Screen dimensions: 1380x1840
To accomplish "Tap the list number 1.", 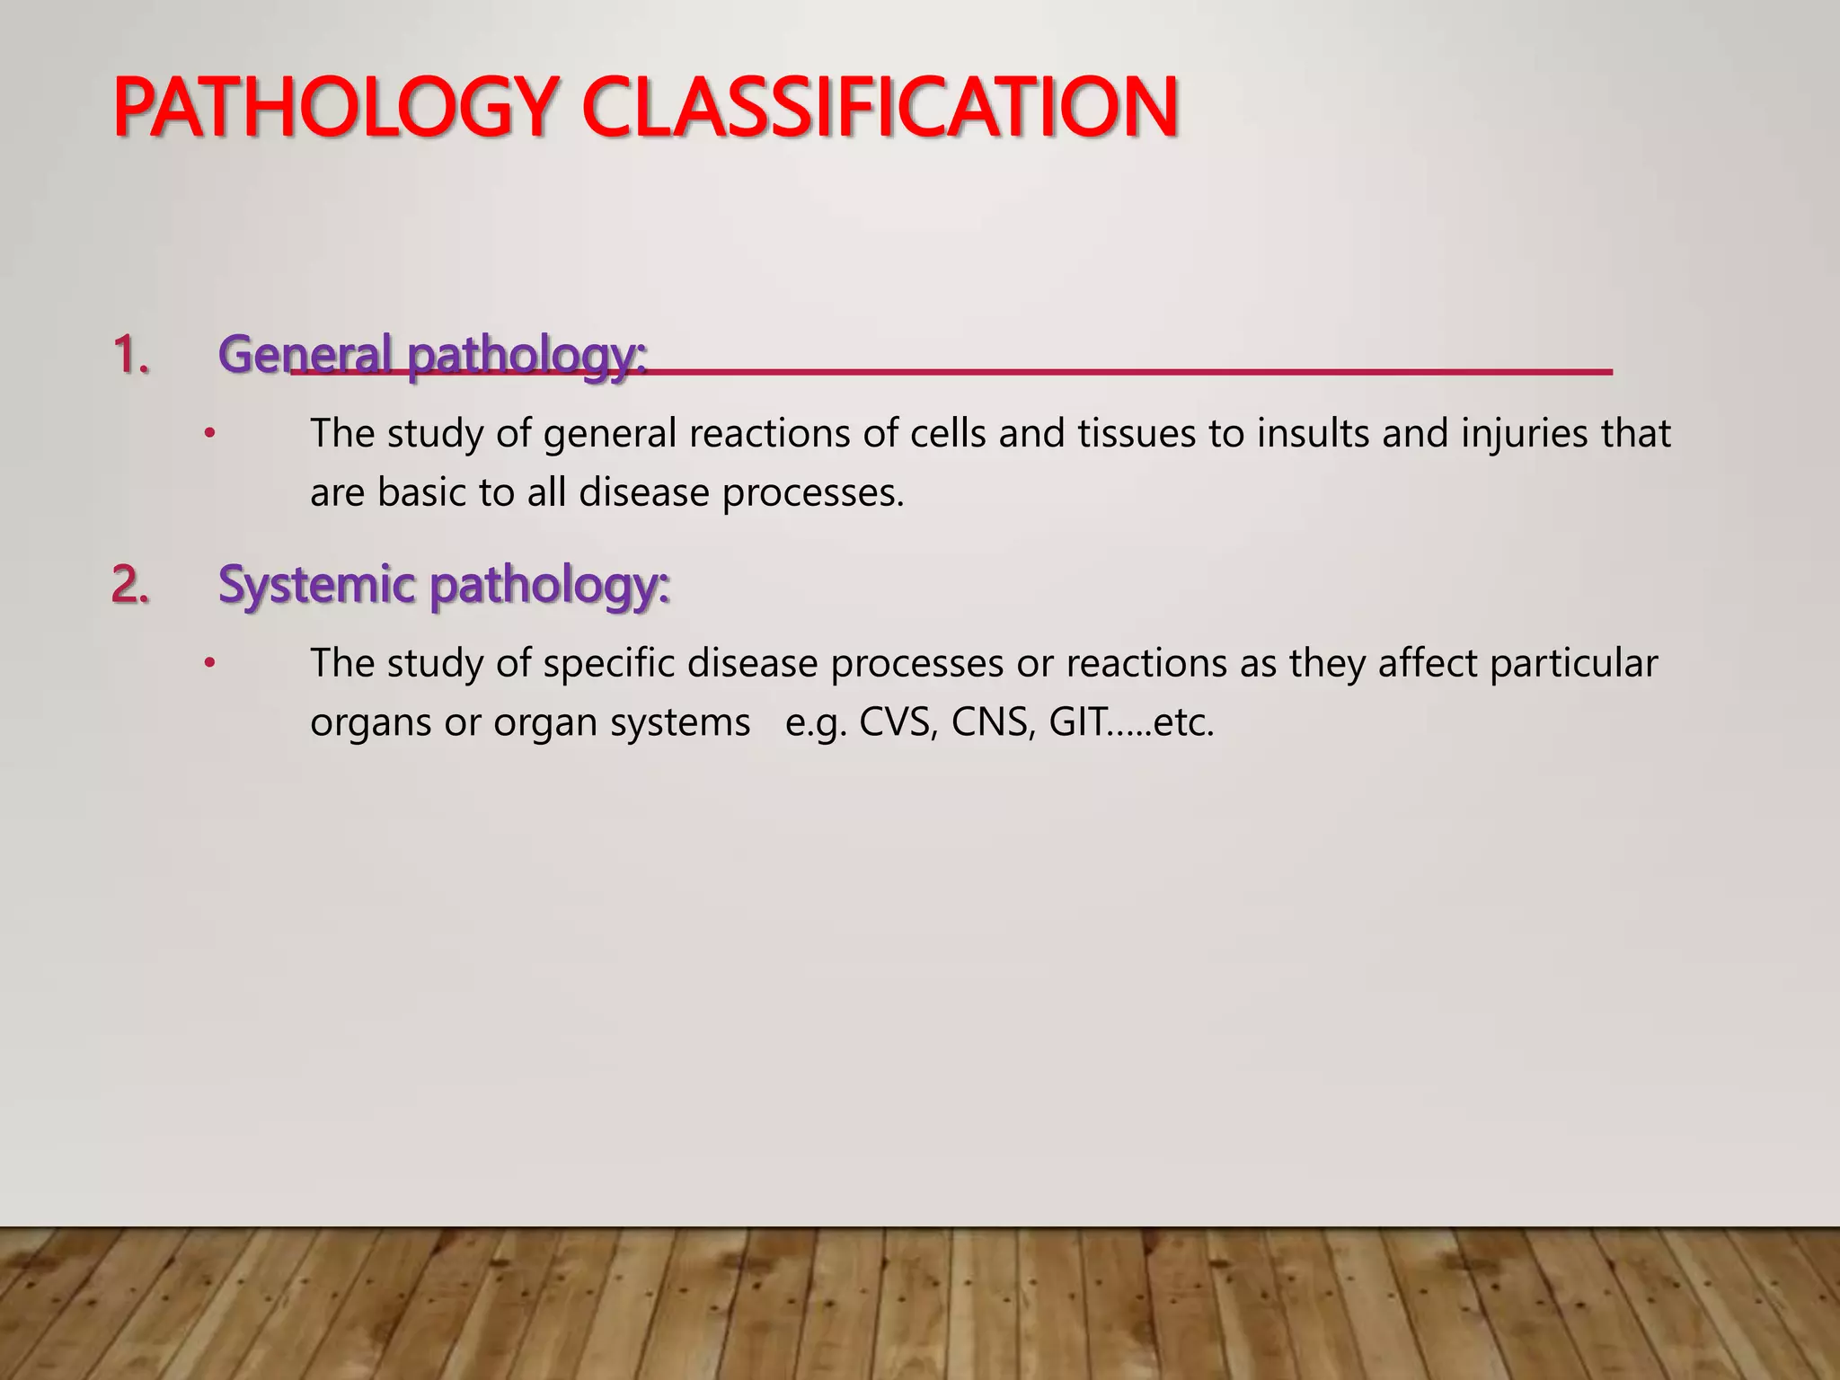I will tap(130, 355).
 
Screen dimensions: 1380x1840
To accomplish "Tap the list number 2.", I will tap(130, 585).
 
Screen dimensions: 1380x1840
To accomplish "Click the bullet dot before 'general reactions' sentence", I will tap(209, 435).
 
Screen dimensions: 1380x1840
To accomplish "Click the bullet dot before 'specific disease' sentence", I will tap(209, 664).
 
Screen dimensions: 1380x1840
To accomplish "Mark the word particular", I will tap(1573, 663).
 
